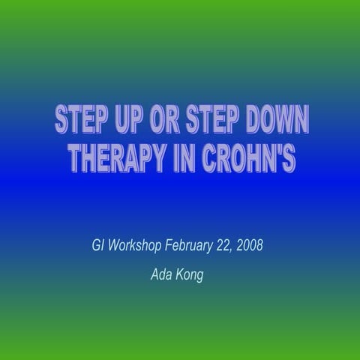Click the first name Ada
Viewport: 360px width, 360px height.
(x=161, y=274)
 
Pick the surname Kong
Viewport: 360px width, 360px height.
(x=190, y=275)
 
